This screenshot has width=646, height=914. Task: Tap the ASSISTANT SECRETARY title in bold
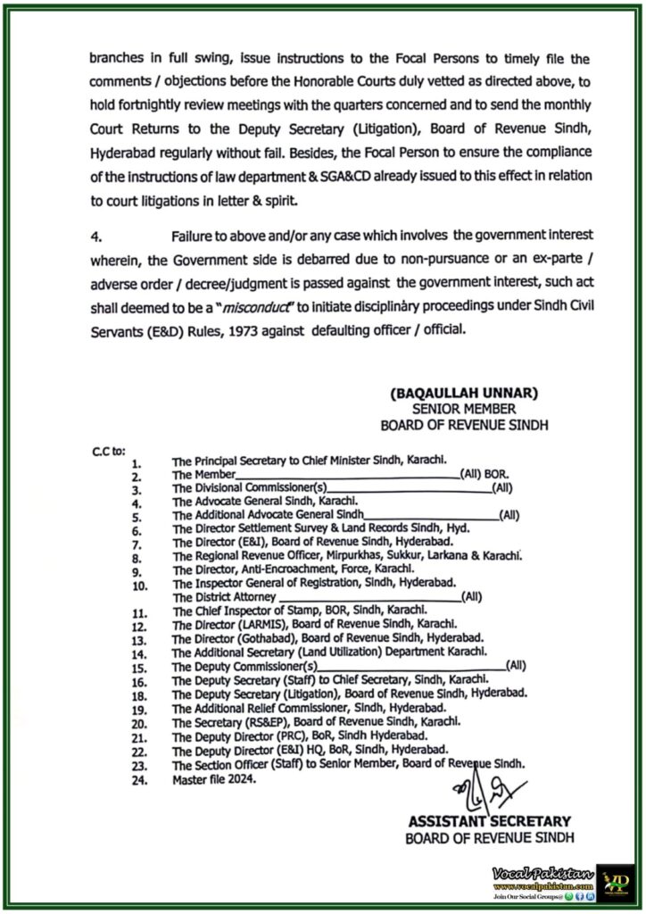coord(489,820)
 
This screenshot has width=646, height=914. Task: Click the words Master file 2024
coord(214,779)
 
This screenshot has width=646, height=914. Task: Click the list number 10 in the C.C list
coord(139,585)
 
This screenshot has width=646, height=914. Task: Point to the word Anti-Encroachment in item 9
coord(282,569)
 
